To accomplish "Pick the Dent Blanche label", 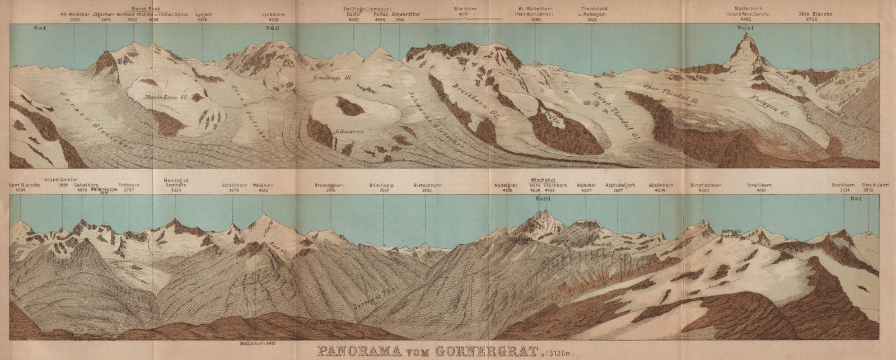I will pyautogui.click(x=22, y=185).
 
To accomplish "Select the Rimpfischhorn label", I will pyautogui.click(x=706, y=185).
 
